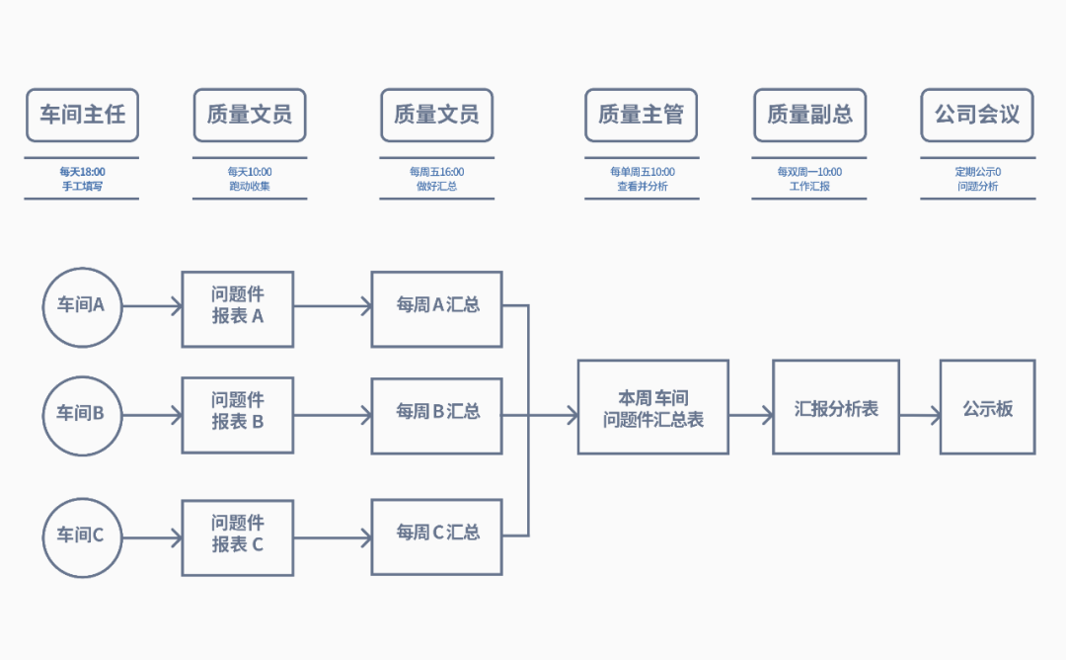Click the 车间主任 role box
[x=82, y=115]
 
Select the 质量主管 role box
[x=641, y=115]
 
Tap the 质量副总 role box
[x=809, y=115]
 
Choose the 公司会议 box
[x=977, y=115]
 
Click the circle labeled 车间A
[x=83, y=306]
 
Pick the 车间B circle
[x=83, y=414]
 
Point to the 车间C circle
[x=83, y=537]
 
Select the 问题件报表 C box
[x=238, y=536]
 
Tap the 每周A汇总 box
[x=436, y=306]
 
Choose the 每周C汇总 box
[x=436, y=536]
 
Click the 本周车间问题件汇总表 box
[x=652, y=407]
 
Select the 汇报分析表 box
[x=835, y=407]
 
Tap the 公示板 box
[x=987, y=407]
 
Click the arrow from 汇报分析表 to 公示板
[x=920, y=416]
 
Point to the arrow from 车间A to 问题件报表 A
[x=153, y=306]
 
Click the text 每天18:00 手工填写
[x=82, y=179]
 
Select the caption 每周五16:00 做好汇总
[x=436, y=179]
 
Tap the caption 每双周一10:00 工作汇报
[x=809, y=179]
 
